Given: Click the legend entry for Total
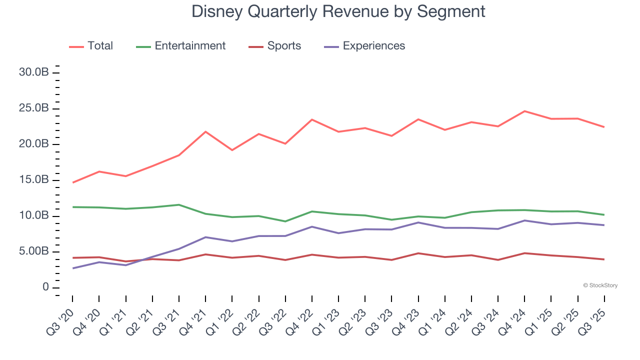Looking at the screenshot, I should pyautogui.click(x=100, y=46).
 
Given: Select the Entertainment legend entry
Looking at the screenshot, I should pyautogui.click(x=190, y=46).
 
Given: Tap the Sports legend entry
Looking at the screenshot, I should pyautogui.click(x=284, y=46).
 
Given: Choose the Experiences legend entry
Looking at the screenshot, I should pyautogui.click(x=373, y=46).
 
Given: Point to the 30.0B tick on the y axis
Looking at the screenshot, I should pyautogui.click(x=33, y=72).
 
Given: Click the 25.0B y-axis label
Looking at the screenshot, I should pyautogui.click(x=33, y=108).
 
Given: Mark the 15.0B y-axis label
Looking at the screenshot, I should pyautogui.click(x=33, y=180).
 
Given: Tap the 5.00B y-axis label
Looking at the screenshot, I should pyautogui.click(x=33, y=251).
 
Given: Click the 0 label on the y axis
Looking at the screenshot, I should pyautogui.click(x=45, y=287).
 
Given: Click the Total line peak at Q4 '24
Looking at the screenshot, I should pyautogui.click(x=524, y=111).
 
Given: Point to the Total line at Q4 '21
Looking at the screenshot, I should pyautogui.click(x=205, y=131).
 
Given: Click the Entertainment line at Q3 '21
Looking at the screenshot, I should pyautogui.click(x=179, y=204).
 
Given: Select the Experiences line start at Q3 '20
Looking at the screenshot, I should pyautogui.click(x=72, y=268).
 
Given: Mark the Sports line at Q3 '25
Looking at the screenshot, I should pyautogui.click(x=604, y=259).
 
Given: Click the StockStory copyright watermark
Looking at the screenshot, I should pyautogui.click(x=600, y=285).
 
